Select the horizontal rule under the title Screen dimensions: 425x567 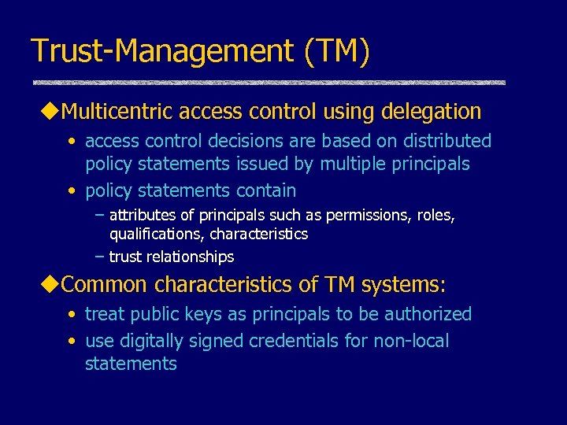tap(269, 83)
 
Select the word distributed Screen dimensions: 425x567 tap(445, 141)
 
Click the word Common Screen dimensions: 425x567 tap(103, 284)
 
